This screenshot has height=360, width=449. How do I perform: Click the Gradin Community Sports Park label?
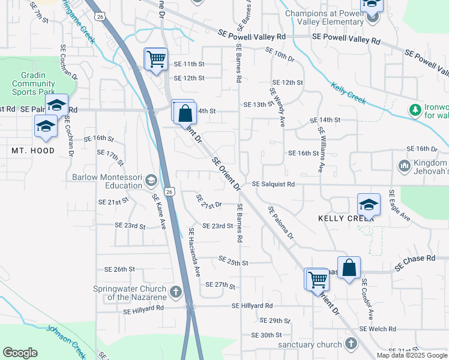(x=34, y=84)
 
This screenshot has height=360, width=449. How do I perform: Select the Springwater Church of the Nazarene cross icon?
(x=175, y=293)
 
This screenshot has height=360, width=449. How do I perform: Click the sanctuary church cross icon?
(x=351, y=344)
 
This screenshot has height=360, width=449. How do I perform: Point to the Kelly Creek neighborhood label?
(x=346, y=218)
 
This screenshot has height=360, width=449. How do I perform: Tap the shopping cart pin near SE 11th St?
(x=156, y=59)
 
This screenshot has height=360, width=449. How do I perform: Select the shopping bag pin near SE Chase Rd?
(x=349, y=268)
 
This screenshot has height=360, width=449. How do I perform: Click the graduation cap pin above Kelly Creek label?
(x=369, y=204)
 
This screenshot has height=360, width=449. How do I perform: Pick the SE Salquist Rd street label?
(x=273, y=184)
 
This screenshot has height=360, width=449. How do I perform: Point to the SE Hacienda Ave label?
(x=194, y=252)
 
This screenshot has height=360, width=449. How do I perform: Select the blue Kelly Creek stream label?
(x=348, y=93)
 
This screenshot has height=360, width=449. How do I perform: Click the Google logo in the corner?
(x=20, y=353)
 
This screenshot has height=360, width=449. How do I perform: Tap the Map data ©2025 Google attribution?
(x=412, y=355)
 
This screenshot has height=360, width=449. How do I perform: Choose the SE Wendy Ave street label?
(x=277, y=108)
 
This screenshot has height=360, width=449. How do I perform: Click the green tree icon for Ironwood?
(x=414, y=110)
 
